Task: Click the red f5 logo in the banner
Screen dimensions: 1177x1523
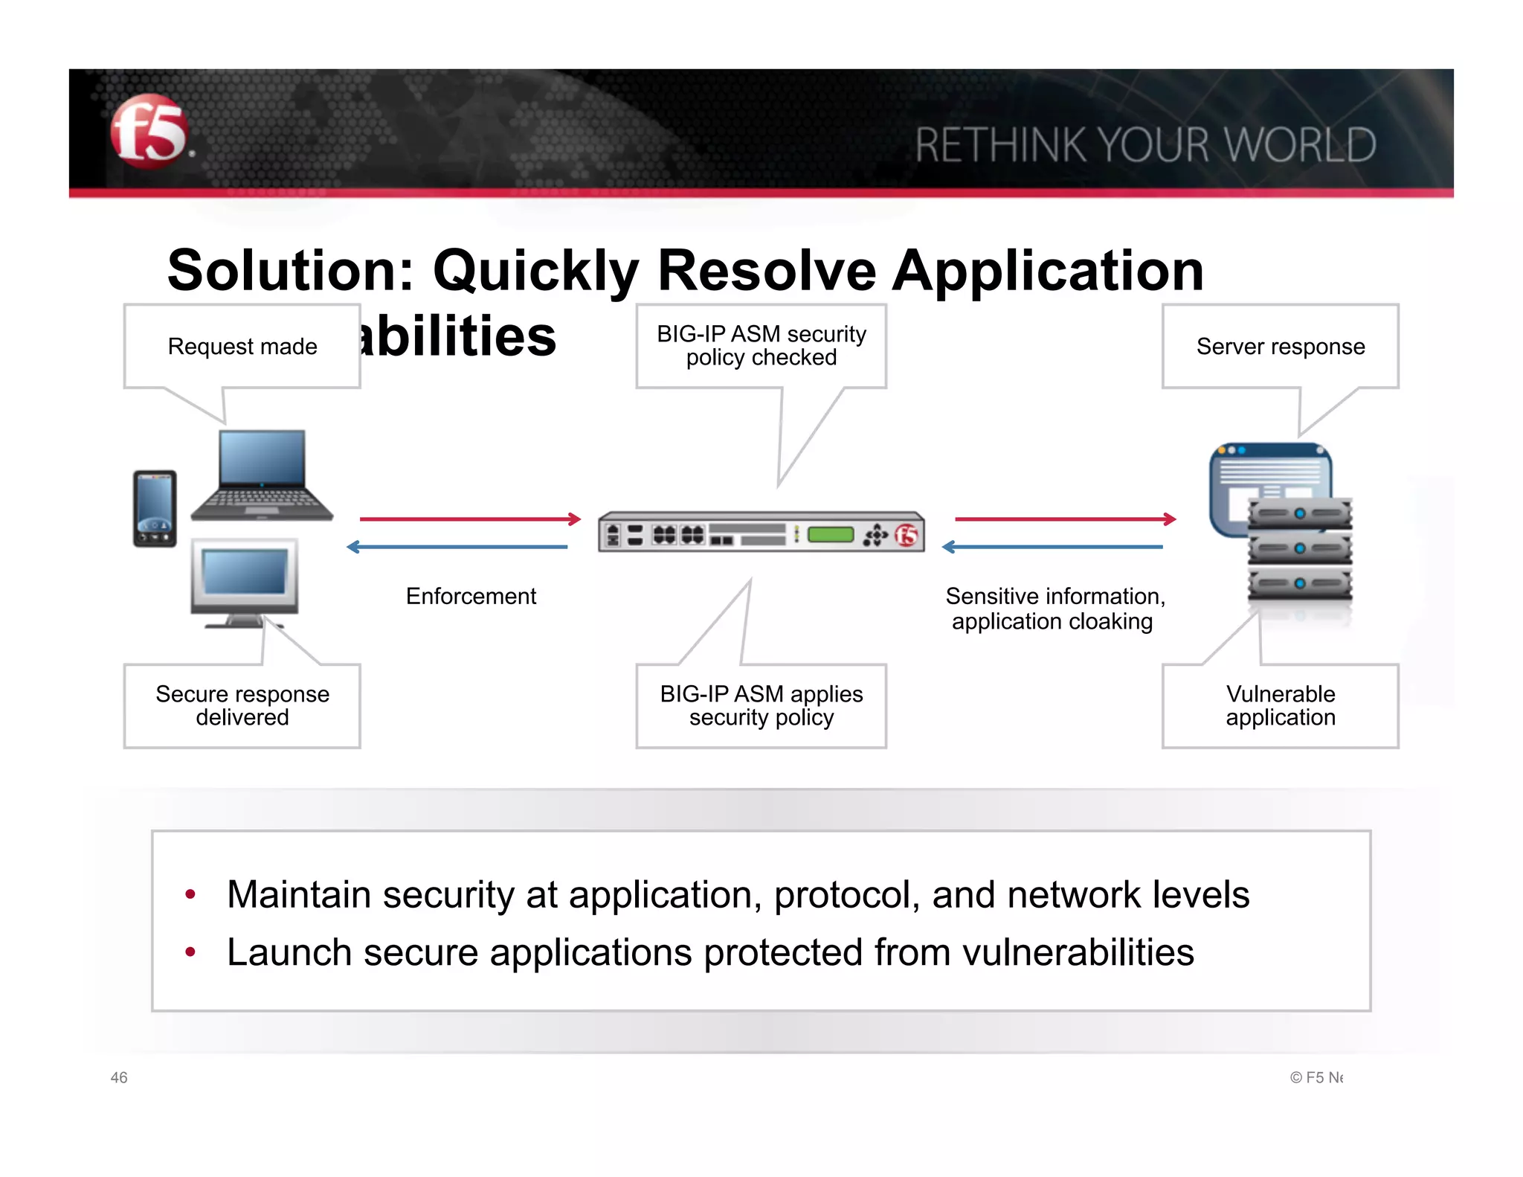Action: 149,132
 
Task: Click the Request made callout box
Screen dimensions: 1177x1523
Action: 242,346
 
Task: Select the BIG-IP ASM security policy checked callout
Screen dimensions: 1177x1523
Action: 761,346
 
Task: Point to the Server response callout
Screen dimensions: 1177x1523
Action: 1280,346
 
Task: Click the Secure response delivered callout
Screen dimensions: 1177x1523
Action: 242,705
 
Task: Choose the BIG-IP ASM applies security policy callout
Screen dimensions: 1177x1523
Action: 761,705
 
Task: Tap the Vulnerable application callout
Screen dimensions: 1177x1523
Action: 1280,705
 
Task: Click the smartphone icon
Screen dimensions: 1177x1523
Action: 155,508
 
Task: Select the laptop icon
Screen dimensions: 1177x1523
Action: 262,475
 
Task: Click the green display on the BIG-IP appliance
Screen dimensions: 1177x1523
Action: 830,534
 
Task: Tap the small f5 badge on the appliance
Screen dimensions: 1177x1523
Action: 907,534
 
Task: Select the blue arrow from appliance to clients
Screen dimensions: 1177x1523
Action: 457,547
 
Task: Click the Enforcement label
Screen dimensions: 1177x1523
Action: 471,596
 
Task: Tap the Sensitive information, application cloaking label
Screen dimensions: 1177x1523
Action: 1054,609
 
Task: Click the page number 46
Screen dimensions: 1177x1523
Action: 119,1077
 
